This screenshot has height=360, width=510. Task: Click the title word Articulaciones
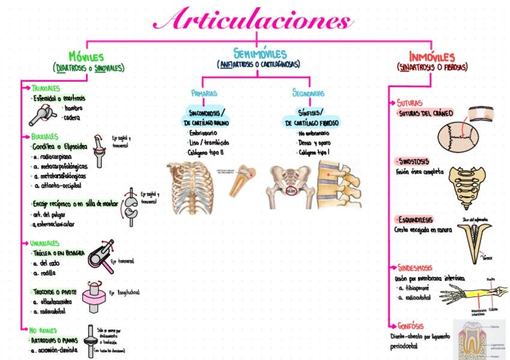point(253,20)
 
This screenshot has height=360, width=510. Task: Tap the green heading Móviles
point(86,56)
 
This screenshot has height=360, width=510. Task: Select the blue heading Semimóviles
point(260,53)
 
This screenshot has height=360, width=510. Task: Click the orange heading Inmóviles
point(432,56)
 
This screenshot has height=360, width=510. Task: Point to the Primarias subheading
point(204,94)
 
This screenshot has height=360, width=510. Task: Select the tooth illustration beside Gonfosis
point(478,339)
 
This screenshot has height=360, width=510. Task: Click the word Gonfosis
point(414,325)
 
